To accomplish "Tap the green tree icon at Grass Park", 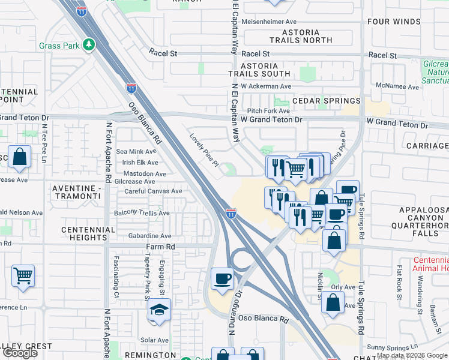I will point(89,44).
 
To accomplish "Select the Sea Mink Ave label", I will point(137,152).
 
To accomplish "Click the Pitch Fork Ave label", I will point(268,110).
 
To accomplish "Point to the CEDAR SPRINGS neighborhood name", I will point(326,101).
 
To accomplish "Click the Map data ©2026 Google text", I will point(412,347).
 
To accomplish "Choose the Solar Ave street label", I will point(154,340).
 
